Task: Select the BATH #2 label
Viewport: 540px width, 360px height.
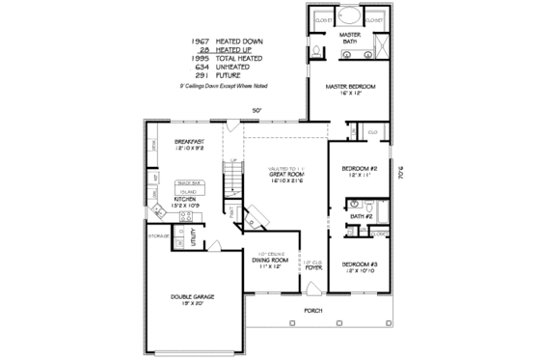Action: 362,217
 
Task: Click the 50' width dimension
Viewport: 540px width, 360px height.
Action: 256,109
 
